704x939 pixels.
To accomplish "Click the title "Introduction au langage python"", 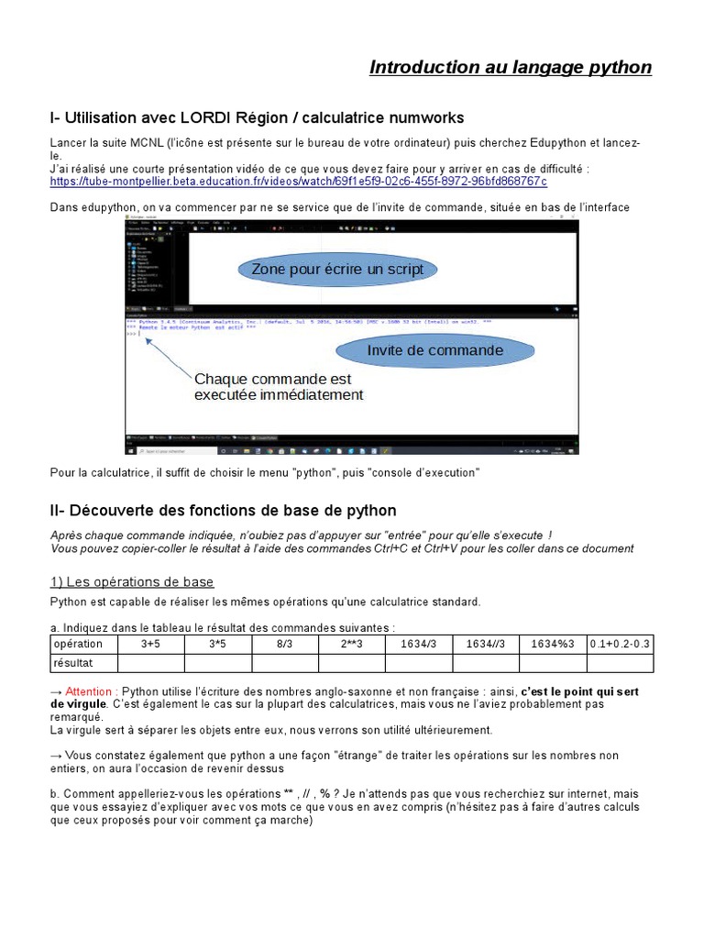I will point(510,68).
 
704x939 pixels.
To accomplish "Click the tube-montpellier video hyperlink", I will point(298,182).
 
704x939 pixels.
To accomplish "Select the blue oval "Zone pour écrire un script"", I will point(331,270).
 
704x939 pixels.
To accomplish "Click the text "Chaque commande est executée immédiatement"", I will point(279,387).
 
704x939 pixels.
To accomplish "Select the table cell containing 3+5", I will point(150,644).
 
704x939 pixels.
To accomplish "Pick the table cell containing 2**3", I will point(352,644).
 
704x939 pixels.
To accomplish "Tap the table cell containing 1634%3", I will point(553,644).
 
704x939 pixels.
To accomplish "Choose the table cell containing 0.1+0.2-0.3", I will point(620,644).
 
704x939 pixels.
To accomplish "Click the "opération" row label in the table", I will point(79,644).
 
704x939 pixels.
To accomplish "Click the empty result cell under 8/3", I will point(284,662).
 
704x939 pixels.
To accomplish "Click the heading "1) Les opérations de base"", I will point(132,582).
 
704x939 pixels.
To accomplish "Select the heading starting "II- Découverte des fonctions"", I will point(224,510).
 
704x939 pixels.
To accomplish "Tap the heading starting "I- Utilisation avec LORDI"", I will point(257,118).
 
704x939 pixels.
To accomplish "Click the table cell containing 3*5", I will point(217,644).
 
